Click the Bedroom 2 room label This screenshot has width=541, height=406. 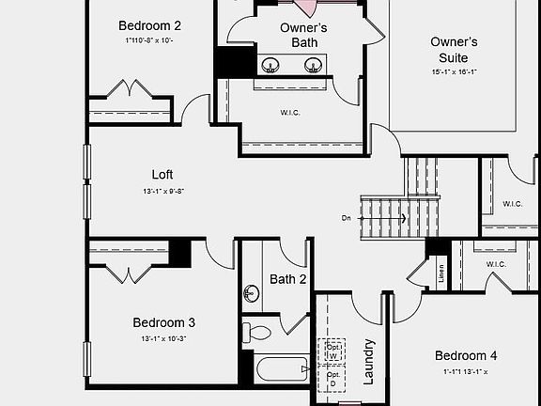[149, 25]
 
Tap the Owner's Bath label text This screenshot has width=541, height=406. [303, 35]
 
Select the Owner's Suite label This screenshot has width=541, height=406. [455, 50]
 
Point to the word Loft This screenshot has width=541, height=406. [162, 174]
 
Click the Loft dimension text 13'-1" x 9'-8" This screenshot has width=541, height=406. [162, 191]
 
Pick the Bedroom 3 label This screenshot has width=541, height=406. [163, 322]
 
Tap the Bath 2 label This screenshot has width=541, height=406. [288, 279]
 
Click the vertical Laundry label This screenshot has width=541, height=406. [368, 361]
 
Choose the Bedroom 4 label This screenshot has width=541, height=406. [466, 355]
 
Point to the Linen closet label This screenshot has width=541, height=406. [441, 273]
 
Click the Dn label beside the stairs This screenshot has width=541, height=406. [347, 218]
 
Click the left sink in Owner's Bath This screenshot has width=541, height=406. [270, 65]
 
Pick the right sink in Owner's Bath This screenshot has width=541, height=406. [314, 65]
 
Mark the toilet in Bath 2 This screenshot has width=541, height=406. [256, 332]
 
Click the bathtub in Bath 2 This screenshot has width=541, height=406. [281, 367]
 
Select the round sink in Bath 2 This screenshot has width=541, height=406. [251, 292]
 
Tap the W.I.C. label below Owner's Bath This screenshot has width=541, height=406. [290, 112]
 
